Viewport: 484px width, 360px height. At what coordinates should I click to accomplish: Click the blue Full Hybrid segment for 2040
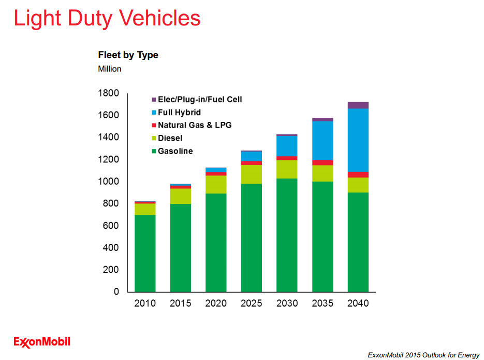coord(358,140)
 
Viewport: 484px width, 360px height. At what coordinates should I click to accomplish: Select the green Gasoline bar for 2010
coord(145,253)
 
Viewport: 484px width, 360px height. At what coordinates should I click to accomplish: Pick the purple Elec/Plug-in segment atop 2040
coord(358,105)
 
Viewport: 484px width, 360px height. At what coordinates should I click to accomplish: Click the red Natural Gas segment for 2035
coord(322,163)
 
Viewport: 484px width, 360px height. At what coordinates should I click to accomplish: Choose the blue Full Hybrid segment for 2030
coord(287,146)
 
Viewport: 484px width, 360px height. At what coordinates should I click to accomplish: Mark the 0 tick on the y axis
coord(116,292)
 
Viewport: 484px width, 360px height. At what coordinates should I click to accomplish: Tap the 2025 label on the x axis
coord(252,303)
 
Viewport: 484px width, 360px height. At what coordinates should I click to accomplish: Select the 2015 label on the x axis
coord(181,303)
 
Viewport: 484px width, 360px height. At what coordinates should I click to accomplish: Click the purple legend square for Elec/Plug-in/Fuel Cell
coord(154,100)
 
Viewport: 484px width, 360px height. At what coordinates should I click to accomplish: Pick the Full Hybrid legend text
coord(179,112)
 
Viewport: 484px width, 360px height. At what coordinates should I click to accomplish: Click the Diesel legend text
coord(170,138)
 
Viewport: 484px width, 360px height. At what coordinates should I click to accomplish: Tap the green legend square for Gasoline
coord(154,151)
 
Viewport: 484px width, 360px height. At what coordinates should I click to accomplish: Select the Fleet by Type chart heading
coord(128,55)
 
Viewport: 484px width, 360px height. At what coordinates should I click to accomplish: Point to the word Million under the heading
coord(110,68)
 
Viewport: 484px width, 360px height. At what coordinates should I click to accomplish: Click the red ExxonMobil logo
coord(42,341)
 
